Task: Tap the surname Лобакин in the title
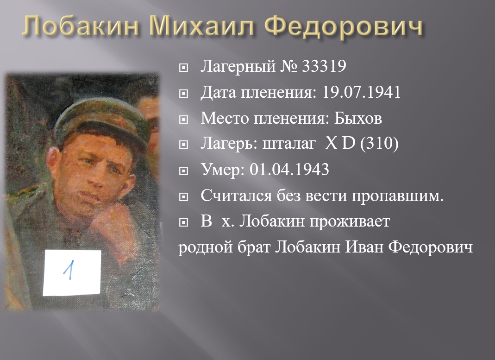(x=80, y=25)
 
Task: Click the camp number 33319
(x=324, y=66)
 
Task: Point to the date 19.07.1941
(x=361, y=92)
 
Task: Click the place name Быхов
(x=358, y=118)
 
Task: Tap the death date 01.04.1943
(x=289, y=170)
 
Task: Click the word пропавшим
(x=398, y=196)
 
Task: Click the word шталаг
(x=289, y=145)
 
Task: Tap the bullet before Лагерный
(x=183, y=68)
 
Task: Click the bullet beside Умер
(x=183, y=171)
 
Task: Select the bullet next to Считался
(x=183, y=197)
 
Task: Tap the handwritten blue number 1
(x=70, y=270)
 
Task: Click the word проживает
(x=350, y=222)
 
